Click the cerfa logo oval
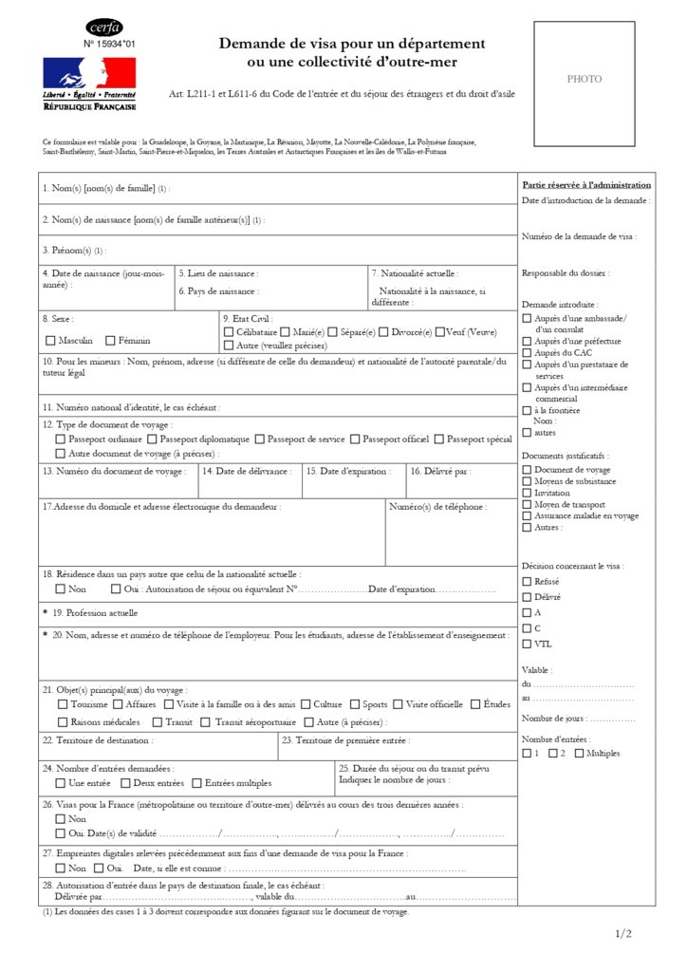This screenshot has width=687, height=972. (104, 28)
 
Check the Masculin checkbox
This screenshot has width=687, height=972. (50, 340)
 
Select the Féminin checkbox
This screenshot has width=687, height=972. (110, 340)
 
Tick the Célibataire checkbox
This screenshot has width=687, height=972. (229, 332)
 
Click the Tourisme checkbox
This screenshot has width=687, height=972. (63, 704)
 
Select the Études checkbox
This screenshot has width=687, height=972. (475, 704)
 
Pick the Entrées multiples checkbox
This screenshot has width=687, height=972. (196, 783)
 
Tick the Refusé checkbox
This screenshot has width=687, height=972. (527, 581)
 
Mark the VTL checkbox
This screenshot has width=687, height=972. (527, 645)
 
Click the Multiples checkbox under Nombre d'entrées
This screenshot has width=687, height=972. (578, 753)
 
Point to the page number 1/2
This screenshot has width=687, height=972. (623, 934)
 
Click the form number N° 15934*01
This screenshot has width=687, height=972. (109, 45)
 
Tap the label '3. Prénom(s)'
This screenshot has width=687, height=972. (67, 251)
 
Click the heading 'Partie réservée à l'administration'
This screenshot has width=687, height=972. (586, 185)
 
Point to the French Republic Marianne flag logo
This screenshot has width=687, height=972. (89, 74)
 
